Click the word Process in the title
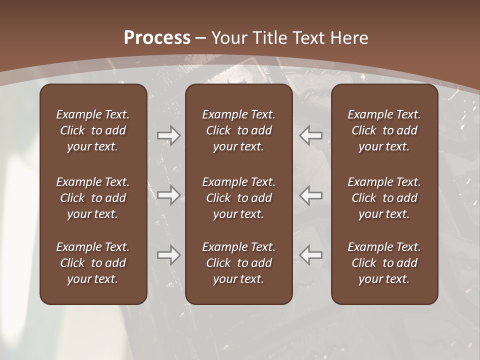[157, 38]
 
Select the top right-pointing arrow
[168, 135]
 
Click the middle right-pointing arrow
[168, 194]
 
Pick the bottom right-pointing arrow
[168, 255]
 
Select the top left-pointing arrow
[310, 135]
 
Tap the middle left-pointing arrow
[310, 194]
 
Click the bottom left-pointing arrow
[310, 255]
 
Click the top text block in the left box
[93, 130]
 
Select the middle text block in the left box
[93, 198]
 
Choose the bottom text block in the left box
[93, 263]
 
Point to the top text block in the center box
[238, 130]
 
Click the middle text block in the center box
[238, 198]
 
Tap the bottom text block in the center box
[238, 263]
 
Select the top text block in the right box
[384, 130]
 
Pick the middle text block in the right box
[384, 198]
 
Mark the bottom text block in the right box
[384, 263]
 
